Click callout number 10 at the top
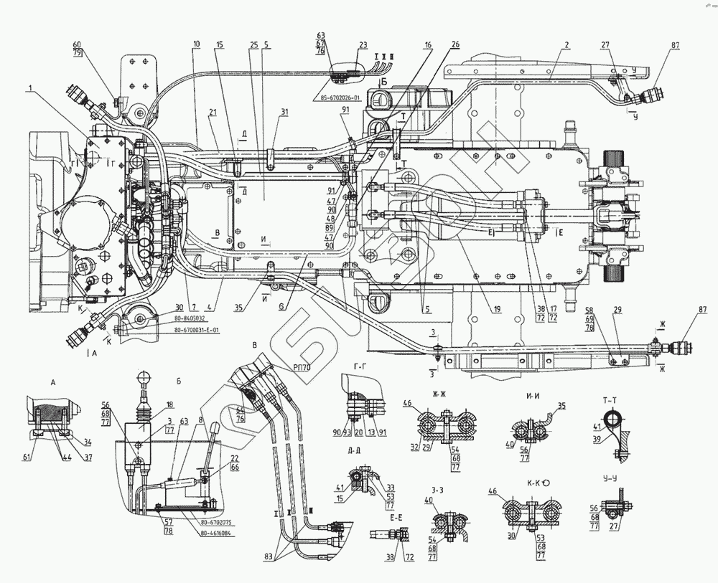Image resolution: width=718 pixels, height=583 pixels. tap(195, 44)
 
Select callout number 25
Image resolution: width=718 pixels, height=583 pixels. tap(253, 44)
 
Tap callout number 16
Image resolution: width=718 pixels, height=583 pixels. tap(428, 44)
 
